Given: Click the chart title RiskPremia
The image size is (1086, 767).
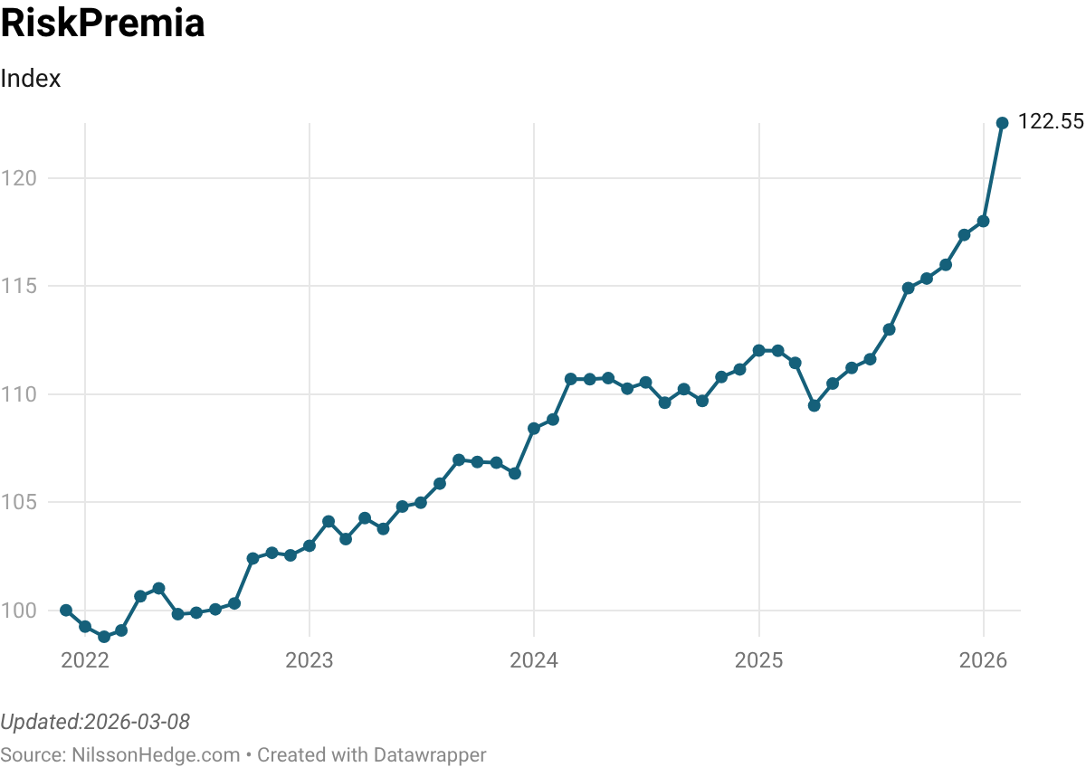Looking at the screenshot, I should [x=102, y=24].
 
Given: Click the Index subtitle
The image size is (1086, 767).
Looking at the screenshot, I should [x=31, y=79].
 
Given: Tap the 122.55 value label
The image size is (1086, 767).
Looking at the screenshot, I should [x=1051, y=122].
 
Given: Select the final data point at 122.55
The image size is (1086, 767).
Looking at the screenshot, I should [x=1002, y=123].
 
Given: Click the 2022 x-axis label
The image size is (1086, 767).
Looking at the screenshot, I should [x=85, y=660].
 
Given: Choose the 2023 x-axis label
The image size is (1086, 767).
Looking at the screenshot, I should [x=310, y=660].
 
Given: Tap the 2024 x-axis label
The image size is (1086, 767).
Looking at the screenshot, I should [x=534, y=660].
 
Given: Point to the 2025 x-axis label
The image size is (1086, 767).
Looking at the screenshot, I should [x=758, y=660].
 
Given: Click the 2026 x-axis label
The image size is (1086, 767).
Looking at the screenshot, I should [x=984, y=660].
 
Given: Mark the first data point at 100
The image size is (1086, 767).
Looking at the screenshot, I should [x=66, y=611].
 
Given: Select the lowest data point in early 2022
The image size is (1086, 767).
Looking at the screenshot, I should [x=104, y=637].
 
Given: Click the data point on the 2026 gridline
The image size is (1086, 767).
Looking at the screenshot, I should [x=984, y=221].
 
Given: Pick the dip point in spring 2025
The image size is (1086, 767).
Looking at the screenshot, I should [x=814, y=405].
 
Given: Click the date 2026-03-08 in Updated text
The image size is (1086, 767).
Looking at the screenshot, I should [x=137, y=722].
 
